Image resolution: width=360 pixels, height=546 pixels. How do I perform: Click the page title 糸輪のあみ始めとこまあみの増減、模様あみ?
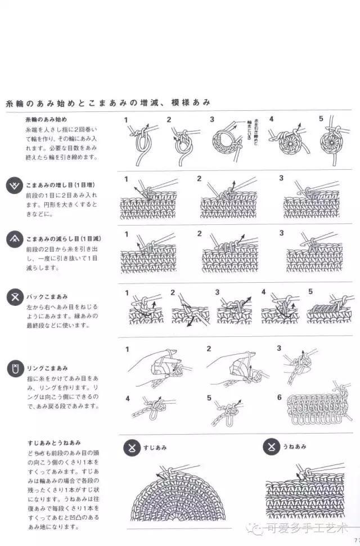click(108, 103)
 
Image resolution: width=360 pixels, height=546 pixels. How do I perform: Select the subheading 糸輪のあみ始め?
click(46, 120)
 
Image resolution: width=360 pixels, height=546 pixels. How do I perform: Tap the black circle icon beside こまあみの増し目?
click(14, 187)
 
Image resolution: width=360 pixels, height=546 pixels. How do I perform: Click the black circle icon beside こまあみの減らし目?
click(14, 241)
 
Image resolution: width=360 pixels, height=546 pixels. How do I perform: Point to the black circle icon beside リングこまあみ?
click(14, 369)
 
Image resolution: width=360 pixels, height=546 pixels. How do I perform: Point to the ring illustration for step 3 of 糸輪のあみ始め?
click(228, 145)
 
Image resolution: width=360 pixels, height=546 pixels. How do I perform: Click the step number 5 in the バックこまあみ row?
click(310, 292)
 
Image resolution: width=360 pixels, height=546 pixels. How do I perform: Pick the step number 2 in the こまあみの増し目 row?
click(199, 179)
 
